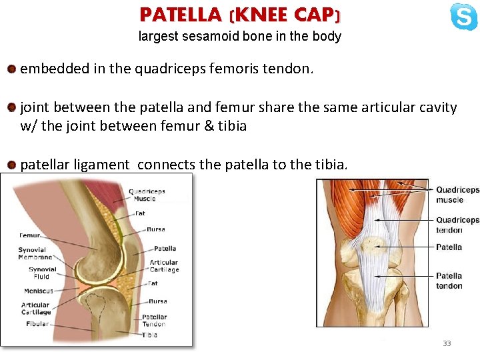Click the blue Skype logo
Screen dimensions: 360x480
[x=463, y=17]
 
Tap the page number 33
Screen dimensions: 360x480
[x=447, y=343]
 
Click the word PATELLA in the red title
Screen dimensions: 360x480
[x=181, y=14]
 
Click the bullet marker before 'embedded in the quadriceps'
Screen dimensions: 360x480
[x=11, y=69]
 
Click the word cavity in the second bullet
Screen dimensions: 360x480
[x=436, y=107]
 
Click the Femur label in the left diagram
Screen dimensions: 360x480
[x=30, y=235]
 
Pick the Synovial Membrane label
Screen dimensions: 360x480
[x=35, y=254]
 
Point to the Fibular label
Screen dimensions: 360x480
[x=37, y=324]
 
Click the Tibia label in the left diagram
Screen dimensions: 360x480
[x=149, y=335]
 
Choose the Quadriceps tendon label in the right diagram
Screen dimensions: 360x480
[x=457, y=225]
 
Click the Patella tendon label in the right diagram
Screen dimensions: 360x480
[x=449, y=281]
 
